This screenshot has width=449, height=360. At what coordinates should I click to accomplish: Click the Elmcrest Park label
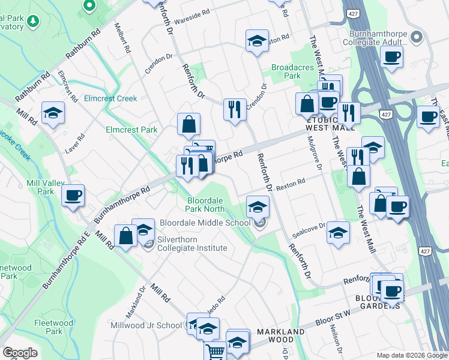pos(131,130)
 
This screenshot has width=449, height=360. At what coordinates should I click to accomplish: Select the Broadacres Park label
pos(293,72)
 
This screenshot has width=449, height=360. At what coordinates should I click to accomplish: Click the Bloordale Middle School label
pos(205,223)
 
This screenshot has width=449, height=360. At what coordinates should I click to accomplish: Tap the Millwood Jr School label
pos(146,325)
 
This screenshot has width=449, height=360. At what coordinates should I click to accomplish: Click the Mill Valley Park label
pos(41,187)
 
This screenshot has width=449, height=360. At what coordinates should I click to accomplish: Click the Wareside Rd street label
pos(193,11)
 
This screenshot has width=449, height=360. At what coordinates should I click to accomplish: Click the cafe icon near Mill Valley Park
pos(73,196)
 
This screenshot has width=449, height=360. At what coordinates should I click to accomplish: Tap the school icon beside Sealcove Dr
pos(339,232)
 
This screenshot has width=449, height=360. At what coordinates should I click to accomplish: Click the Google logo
pos(20,353)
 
